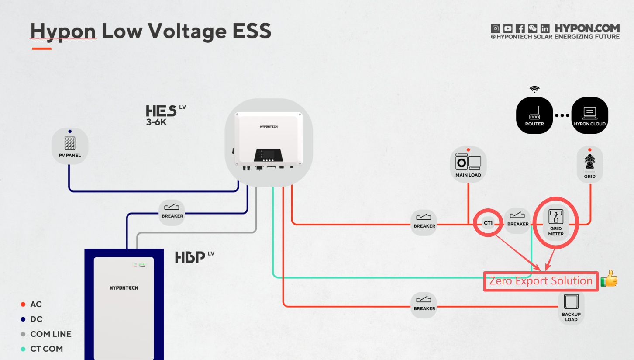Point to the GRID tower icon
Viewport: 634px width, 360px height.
pos(589,164)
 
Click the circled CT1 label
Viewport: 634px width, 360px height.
pos(488,223)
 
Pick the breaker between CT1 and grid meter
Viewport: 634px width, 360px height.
pos(518,219)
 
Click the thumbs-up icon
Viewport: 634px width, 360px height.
pos(609,278)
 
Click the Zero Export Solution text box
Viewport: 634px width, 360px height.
pos(541,281)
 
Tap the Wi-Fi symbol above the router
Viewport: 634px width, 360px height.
pos(534,90)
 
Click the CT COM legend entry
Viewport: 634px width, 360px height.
pos(46,349)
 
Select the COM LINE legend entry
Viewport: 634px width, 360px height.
pos(51,334)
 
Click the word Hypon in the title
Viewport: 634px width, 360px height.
pos(63,31)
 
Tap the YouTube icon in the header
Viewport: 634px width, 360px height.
pos(507,28)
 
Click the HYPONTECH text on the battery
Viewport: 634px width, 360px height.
pos(124,288)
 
